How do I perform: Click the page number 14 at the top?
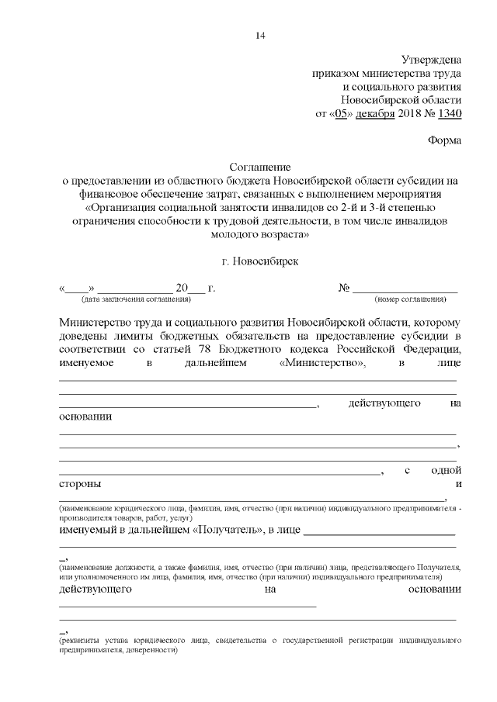click(x=259, y=35)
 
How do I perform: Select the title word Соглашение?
click(x=259, y=167)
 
